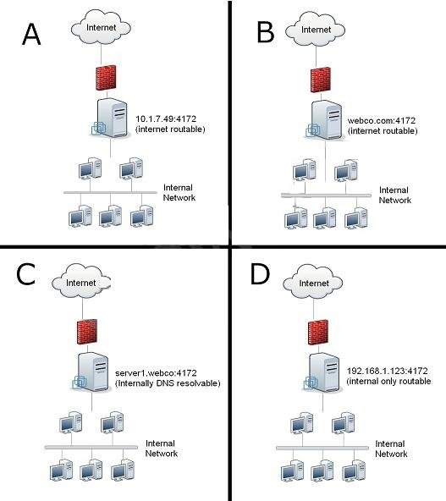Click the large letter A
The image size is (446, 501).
(x=31, y=35)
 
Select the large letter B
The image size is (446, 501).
(x=266, y=32)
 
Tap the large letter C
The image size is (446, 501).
(x=25, y=274)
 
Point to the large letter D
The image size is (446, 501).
(x=260, y=274)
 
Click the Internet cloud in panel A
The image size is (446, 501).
(x=101, y=27)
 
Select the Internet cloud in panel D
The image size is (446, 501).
(x=313, y=282)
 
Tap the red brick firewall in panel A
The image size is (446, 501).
(x=106, y=78)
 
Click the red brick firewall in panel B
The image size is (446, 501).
(x=321, y=80)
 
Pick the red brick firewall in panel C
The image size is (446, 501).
(x=87, y=332)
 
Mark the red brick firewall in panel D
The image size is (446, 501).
(x=318, y=333)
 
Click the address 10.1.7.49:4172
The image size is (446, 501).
(x=166, y=118)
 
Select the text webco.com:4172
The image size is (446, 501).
(x=382, y=121)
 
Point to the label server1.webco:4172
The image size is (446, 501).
(x=156, y=373)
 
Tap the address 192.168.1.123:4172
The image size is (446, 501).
(x=388, y=371)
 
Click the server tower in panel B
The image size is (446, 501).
(x=324, y=120)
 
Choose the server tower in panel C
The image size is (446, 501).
(x=91, y=372)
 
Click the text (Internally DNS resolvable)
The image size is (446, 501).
(x=168, y=383)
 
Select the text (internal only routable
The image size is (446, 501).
(x=388, y=381)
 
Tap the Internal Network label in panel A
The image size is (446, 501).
(x=179, y=192)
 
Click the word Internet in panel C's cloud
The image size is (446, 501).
(x=81, y=283)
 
